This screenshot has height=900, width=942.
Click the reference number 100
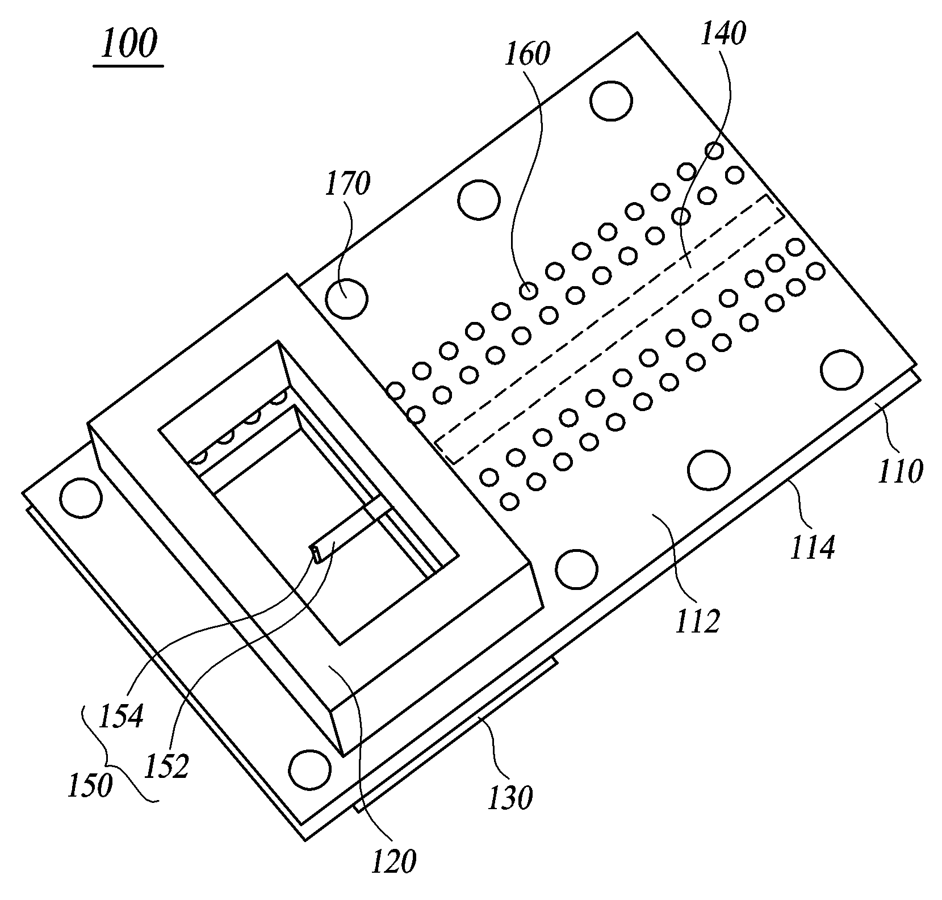click(x=129, y=45)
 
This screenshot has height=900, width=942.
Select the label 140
click(x=722, y=34)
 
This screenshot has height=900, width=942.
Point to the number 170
click(x=347, y=185)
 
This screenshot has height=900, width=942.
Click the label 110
click(x=900, y=471)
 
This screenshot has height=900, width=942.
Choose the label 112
click(x=697, y=622)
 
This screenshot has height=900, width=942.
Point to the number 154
click(x=120, y=716)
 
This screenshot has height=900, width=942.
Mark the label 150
click(x=90, y=787)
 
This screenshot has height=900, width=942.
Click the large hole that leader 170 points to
click(x=347, y=298)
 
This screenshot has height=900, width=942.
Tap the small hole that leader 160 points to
click(x=528, y=291)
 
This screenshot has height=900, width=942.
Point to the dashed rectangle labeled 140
click(x=609, y=329)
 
